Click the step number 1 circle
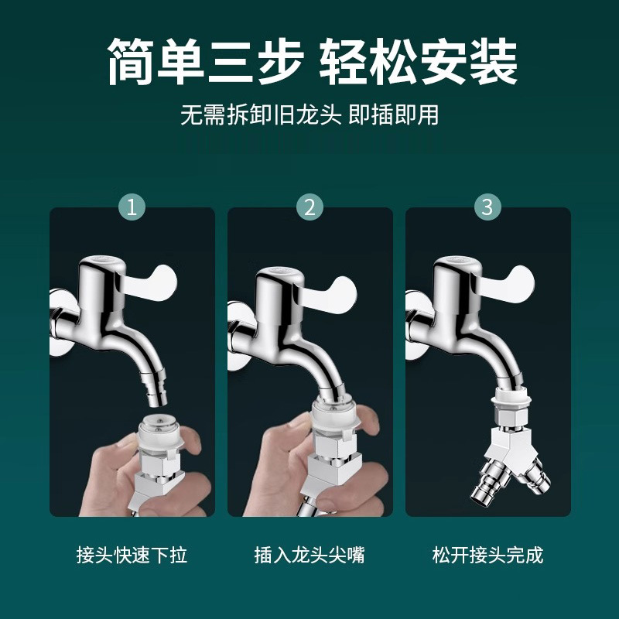(x=132, y=207)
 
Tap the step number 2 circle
(x=309, y=207)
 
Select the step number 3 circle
(x=487, y=207)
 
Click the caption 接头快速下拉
(x=132, y=555)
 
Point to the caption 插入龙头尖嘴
(x=309, y=555)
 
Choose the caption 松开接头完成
(x=487, y=555)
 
